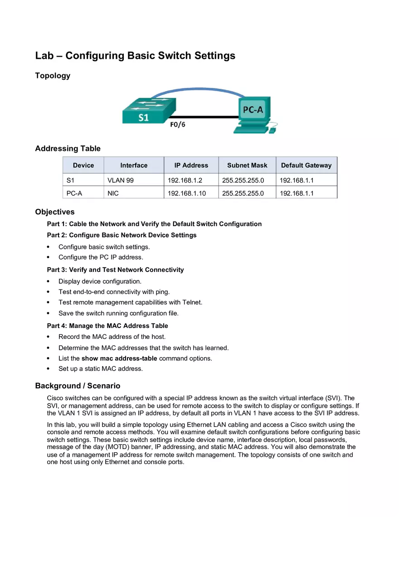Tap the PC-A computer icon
coord(255,114)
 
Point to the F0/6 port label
coord(177,125)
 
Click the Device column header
coord(83,165)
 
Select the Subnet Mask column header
coord(247,165)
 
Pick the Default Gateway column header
coord(306,165)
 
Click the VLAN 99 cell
coord(121,180)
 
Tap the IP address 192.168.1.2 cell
coord(185,180)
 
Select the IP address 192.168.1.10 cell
coord(187,193)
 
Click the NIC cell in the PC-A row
coord(113,193)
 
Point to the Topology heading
coord(53,76)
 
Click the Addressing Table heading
coord(68,149)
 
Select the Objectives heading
coord(55,212)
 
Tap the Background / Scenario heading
coord(78,386)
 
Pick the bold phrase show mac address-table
coord(119,358)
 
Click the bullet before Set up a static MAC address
coord(49,369)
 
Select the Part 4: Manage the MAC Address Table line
coord(107,326)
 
